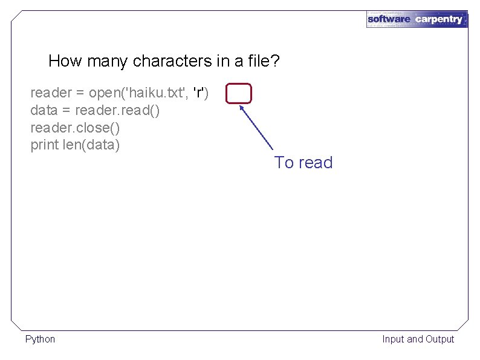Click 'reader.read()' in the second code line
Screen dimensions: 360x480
pyautogui.click(x=117, y=111)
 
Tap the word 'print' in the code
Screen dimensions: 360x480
pyautogui.click(x=45, y=145)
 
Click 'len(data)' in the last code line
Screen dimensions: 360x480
pyautogui.click(x=91, y=145)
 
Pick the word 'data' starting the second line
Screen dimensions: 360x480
pyautogui.click(x=44, y=111)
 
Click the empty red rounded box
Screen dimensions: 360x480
pyautogui.click(x=239, y=94)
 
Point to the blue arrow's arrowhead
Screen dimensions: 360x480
pyautogui.click(x=242, y=108)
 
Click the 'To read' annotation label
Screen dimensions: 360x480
pyautogui.click(x=303, y=162)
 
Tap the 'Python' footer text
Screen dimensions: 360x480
pyautogui.click(x=40, y=339)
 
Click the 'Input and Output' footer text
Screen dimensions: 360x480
pyautogui.click(x=418, y=339)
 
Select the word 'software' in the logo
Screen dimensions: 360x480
pyautogui.click(x=389, y=19)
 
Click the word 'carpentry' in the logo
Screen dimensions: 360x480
pyautogui.click(x=438, y=19)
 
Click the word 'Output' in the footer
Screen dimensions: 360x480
pyautogui.click(x=439, y=339)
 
